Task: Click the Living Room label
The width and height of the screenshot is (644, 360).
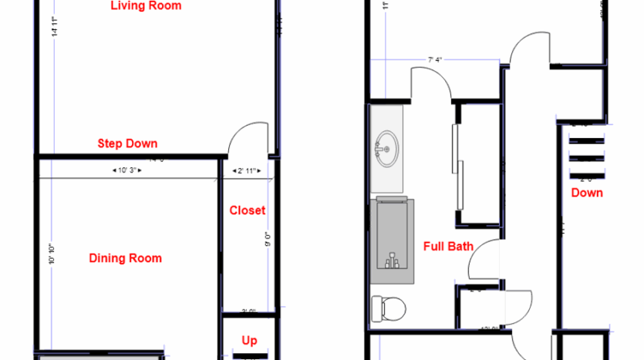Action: (146, 6)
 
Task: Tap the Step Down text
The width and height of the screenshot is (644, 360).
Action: (127, 143)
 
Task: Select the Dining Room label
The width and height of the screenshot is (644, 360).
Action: (125, 258)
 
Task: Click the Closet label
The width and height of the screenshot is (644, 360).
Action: (248, 210)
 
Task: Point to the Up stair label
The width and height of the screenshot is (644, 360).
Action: (249, 341)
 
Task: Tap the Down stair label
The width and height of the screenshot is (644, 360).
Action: (587, 193)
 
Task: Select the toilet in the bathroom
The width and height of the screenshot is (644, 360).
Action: (389, 308)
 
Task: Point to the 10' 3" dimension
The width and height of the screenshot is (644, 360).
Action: (124, 170)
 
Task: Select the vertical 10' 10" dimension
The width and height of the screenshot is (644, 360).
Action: (51, 254)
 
